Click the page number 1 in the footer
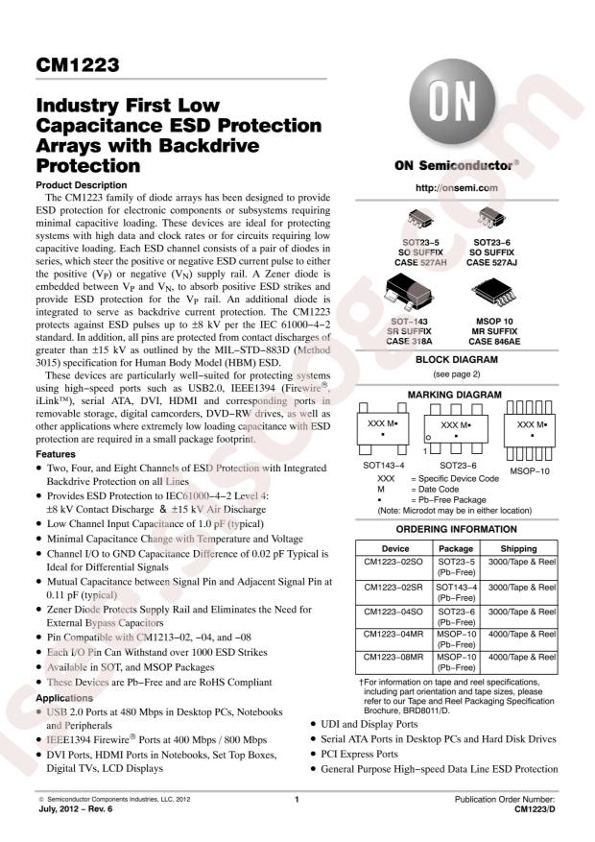[x=297, y=799]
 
